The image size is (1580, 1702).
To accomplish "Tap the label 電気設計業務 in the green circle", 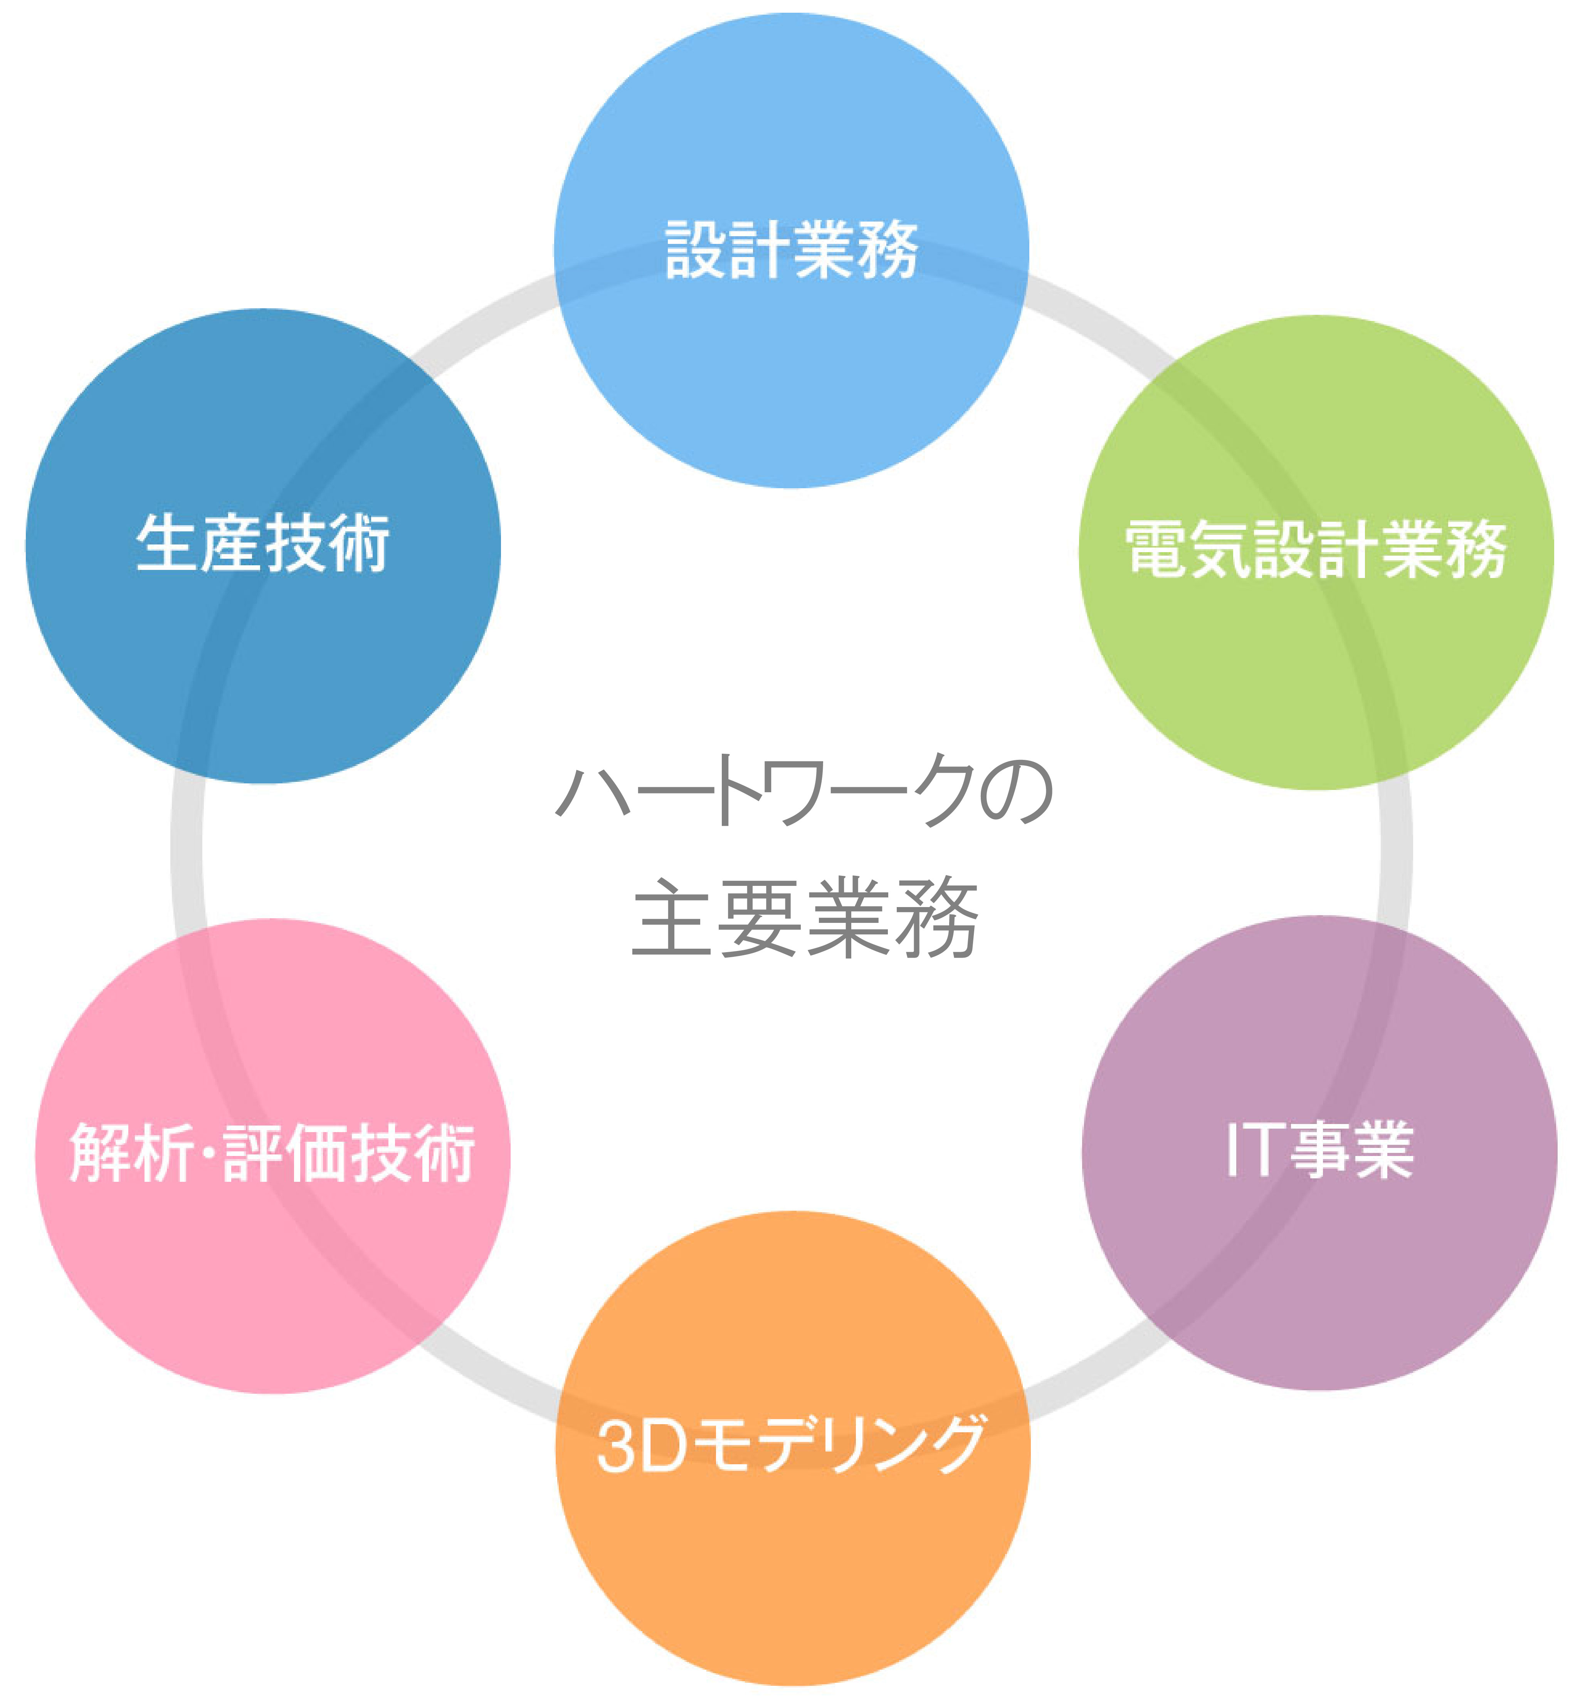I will click(x=1315, y=549).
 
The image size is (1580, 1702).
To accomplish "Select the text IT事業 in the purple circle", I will click(x=1319, y=1150).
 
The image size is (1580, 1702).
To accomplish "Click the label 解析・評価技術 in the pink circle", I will click(x=272, y=1153).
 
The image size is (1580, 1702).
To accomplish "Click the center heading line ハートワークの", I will click(x=803, y=791).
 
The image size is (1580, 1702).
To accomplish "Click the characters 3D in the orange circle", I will click(x=641, y=1447).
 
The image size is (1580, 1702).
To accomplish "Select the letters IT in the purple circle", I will click(x=1254, y=1150).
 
